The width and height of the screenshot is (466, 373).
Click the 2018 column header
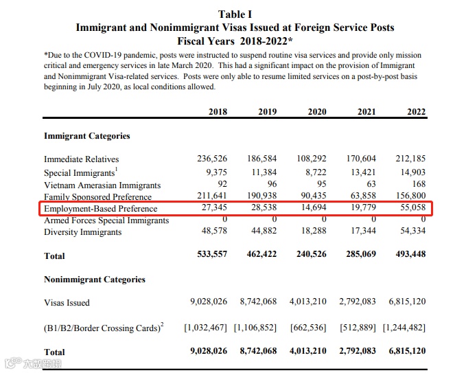pos(218,112)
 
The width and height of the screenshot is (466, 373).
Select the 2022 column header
pos(416,112)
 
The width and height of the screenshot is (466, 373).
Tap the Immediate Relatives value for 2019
pos(263,159)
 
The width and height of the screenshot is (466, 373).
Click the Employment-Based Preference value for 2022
pos(410,208)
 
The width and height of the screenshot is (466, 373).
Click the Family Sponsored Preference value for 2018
pos(213,196)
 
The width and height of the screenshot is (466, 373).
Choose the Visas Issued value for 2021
pos(357,302)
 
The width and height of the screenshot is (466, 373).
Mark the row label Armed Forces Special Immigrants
pos(106,221)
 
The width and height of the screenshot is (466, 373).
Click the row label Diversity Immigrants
pos(83,232)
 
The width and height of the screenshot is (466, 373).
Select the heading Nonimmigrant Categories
pos(95,280)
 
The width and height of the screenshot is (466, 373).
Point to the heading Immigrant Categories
pos(87,136)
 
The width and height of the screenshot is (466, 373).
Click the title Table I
pos(235,14)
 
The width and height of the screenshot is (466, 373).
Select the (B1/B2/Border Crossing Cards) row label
pos(104,328)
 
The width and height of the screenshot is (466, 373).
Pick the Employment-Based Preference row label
pos(101,209)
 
